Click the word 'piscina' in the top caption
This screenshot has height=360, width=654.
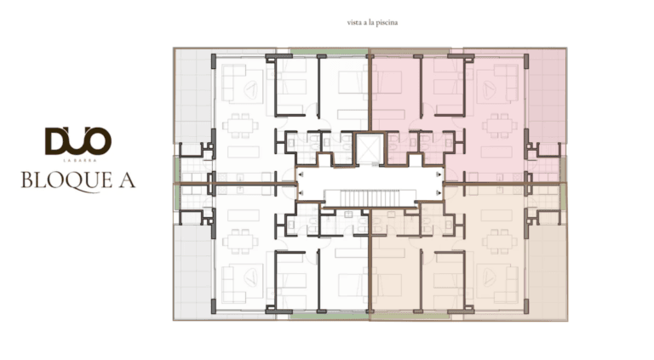[388, 22]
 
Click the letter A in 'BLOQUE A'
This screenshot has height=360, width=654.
[127, 180]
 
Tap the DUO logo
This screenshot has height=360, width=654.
[78, 141]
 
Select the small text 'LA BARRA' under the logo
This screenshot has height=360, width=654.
[79, 160]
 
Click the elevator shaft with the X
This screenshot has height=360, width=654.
[369, 149]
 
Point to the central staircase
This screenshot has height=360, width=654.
[370, 198]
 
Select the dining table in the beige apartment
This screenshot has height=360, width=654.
[498, 242]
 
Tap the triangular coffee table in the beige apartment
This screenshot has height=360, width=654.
[488, 277]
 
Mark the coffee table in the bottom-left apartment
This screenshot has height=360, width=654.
[251, 277]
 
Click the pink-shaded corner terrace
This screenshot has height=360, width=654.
[547, 96]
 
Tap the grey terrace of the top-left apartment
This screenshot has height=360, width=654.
[193, 96]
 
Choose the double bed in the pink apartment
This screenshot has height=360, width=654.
[388, 83]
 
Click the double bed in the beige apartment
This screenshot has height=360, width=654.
[388, 285]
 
